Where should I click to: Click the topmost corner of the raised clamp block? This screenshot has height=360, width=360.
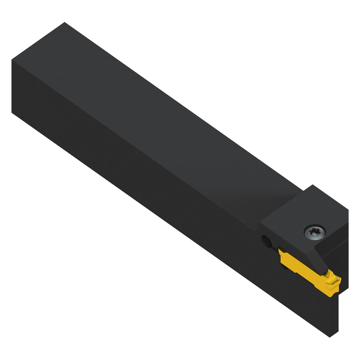(313, 185)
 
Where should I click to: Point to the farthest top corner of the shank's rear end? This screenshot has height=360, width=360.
(65, 22)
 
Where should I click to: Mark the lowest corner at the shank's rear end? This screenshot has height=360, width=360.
(12, 112)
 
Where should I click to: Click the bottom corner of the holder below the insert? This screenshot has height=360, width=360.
(330, 337)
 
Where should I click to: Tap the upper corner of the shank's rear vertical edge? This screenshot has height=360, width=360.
(12, 60)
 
